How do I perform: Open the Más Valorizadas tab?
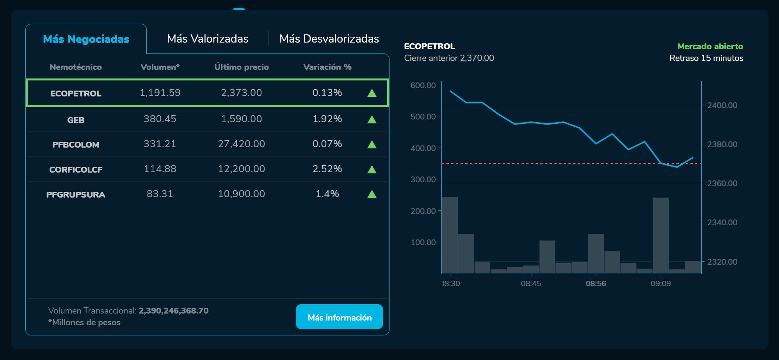coord(208,39)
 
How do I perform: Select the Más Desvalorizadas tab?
coord(329,39)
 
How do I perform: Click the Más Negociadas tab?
coord(86,39)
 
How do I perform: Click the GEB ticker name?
coord(76,120)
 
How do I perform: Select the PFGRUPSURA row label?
coord(76,194)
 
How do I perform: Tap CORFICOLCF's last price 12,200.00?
coord(241,169)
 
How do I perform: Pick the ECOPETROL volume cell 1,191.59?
coord(160,93)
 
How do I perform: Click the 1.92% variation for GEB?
coord(327,119)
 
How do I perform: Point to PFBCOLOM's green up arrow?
coord(372,144)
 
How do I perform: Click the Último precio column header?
coord(241,67)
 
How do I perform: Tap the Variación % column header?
coord(327,67)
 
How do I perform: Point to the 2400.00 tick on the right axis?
coord(722,105)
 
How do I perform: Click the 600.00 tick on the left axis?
coord(423,85)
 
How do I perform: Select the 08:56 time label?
coord(596,283)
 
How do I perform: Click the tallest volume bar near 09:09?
coord(661,235)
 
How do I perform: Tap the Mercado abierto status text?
coord(710,46)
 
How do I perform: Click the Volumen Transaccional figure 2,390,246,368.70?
coord(173,311)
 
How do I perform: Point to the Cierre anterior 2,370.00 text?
coord(449,58)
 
